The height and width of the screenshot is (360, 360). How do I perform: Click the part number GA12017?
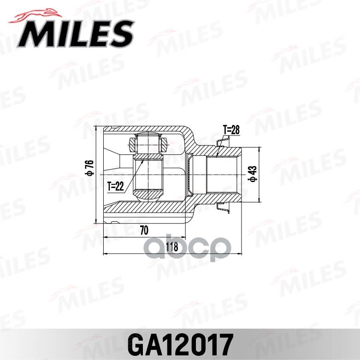(x=180, y=343)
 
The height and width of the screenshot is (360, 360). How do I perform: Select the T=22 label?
(x=116, y=186)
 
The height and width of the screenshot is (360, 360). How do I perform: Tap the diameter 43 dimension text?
(x=252, y=174)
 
